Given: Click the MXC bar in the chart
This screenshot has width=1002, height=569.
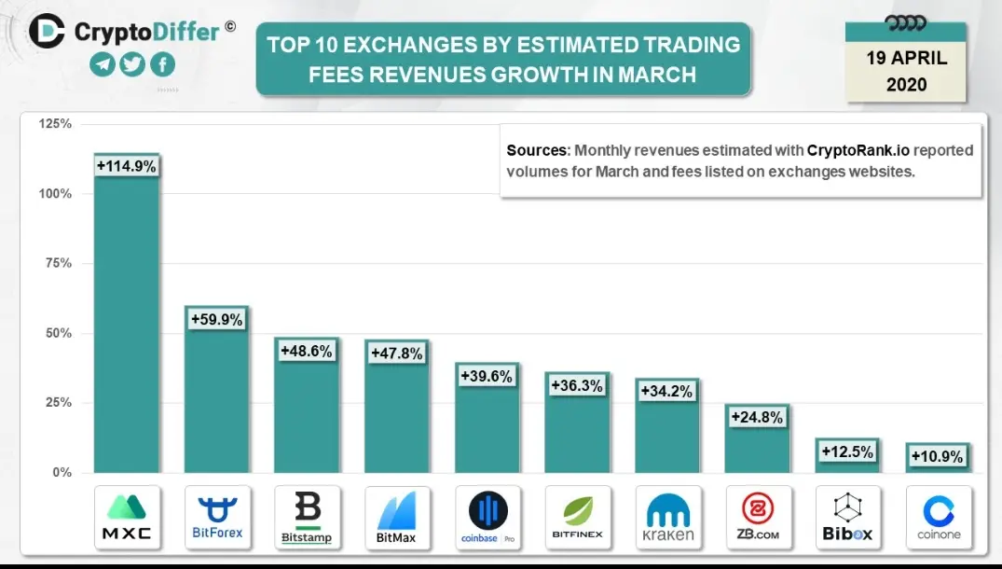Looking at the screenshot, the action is click(x=127, y=313).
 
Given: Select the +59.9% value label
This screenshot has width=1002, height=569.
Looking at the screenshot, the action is click(x=216, y=319).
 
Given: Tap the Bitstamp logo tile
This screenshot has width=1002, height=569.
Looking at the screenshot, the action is click(x=308, y=517).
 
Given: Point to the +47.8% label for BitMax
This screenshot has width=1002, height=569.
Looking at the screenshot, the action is click(x=397, y=354).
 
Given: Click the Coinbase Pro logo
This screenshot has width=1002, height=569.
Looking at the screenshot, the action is click(x=487, y=517).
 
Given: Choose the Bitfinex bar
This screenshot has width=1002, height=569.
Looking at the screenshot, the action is click(x=578, y=423).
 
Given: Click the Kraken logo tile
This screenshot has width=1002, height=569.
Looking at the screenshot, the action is click(x=668, y=517).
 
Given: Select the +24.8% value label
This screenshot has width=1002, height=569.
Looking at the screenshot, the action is click(x=757, y=418).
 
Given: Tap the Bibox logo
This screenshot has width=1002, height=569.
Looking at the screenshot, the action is click(x=848, y=517).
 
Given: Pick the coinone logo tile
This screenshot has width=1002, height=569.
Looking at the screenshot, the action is click(x=939, y=517).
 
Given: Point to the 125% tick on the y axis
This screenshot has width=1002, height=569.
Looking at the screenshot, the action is click(x=56, y=123).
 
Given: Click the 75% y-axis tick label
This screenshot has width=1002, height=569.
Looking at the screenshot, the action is click(x=59, y=263).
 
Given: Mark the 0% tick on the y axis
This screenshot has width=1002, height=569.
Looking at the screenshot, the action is click(x=62, y=473).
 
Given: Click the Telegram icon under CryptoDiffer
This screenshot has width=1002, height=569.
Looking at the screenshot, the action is click(x=103, y=64).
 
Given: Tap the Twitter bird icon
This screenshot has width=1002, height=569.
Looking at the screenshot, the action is click(x=132, y=64).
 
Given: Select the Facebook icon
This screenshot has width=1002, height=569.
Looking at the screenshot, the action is click(x=162, y=64).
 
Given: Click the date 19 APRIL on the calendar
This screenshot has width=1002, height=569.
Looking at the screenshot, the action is click(x=906, y=58).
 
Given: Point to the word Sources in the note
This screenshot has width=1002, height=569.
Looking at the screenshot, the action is click(x=537, y=151).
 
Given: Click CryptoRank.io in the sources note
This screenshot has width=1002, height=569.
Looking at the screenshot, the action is click(x=858, y=151).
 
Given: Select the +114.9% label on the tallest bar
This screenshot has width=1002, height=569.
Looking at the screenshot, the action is click(x=127, y=166).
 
